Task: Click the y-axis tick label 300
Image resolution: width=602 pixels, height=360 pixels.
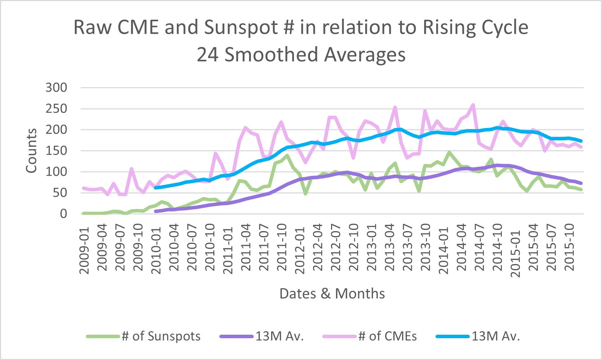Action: (x=56, y=88)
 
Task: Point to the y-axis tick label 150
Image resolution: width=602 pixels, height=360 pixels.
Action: (x=56, y=151)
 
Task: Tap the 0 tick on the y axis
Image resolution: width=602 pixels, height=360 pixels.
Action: (x=63, y=214)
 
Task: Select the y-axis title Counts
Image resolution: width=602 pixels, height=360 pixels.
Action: (x=32, y=150)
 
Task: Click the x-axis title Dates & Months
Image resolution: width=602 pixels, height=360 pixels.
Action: (x=332, y=294)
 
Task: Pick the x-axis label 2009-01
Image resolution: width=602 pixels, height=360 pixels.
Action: (x=84, y=250)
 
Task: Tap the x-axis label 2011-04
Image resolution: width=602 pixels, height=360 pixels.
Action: (x=246, y=248)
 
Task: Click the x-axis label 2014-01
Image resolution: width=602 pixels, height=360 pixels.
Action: (x=444, y=250)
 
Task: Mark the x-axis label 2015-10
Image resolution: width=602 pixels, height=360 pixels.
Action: (x=569, y=248)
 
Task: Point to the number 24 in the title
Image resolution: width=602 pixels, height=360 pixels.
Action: (x=208, y=55)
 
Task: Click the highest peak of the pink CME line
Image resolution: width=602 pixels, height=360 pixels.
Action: (x=473, y=105)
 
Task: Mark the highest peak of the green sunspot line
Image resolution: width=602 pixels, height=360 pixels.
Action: (x=449, y=152)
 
